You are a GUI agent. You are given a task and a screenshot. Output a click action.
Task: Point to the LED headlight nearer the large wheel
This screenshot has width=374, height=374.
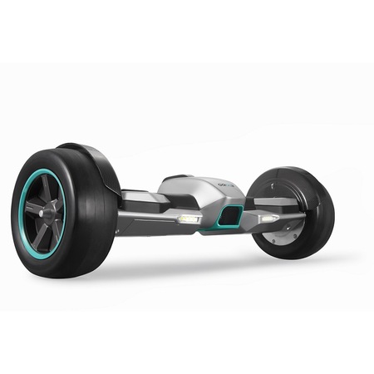point(189,218)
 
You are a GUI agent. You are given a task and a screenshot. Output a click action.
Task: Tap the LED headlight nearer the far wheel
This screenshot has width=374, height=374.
point(268,218)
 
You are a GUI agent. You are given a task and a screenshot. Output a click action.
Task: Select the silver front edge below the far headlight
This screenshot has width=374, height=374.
point(274,225)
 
